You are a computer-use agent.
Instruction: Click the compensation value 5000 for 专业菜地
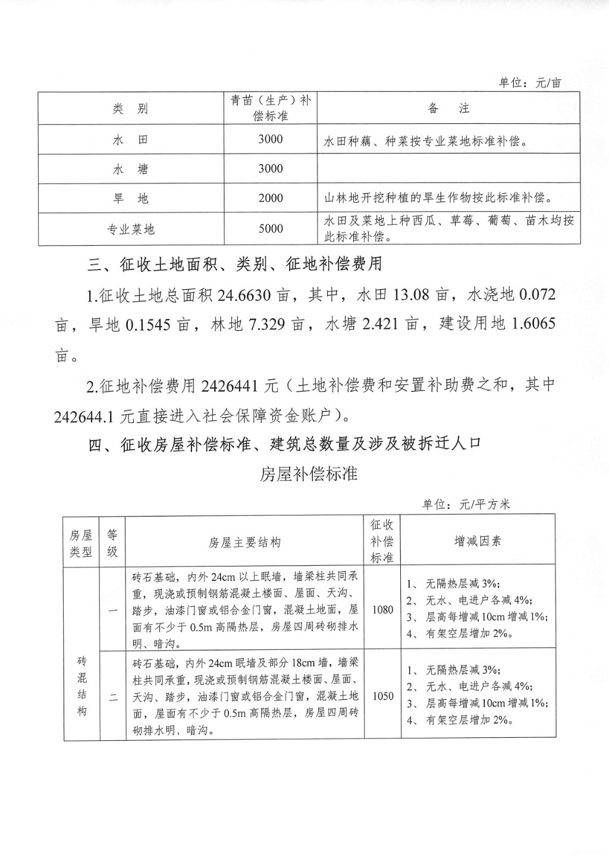[271, 228]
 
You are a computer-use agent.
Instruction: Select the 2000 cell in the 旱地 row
[271, 198]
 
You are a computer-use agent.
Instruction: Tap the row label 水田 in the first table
[130, 140]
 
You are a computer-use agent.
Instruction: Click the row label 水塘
[130, 170]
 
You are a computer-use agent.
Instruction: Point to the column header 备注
[448, 108]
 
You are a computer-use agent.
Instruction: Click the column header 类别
[130, 108]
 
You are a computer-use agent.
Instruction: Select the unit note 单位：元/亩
[529, 83]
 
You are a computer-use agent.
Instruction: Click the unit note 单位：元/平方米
[466, 505]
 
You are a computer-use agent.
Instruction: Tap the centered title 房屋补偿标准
[309, 474]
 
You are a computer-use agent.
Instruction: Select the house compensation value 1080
[382, 609]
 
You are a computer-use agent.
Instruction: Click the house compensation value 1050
[382, 696]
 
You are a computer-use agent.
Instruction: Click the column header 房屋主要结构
[244, 542]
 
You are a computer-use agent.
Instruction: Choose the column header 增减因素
[478, 541]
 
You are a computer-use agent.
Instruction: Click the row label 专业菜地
[130, 229]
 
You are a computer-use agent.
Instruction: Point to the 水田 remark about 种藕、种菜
[426, 142]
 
